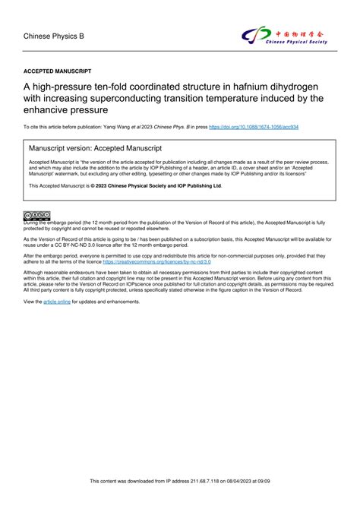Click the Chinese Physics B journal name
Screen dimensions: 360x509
click(54, 35)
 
